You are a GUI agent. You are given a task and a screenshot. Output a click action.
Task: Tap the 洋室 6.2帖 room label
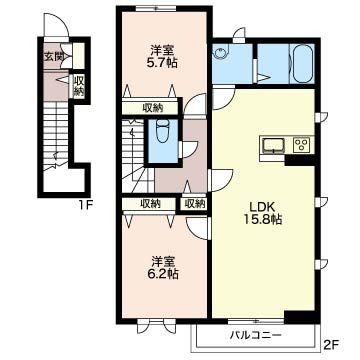(161, 263)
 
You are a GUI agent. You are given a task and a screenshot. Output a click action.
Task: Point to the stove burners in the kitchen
(299, 146)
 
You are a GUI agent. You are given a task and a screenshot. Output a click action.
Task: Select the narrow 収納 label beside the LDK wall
(194, 204)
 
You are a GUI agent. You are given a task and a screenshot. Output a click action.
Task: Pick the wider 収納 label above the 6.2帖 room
(150, 204)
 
